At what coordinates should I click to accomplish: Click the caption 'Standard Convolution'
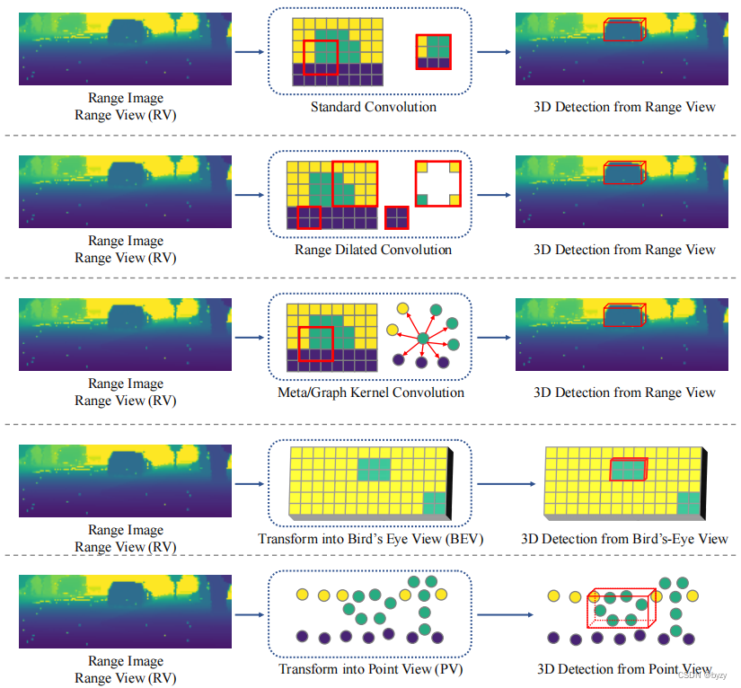point(374,107)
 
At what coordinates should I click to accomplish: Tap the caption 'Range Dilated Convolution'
point(374,250)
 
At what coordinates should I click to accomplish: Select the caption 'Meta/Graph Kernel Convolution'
point(371,393)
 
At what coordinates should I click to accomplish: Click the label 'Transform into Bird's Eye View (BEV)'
point(371,539)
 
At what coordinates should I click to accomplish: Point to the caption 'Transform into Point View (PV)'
point(370,669)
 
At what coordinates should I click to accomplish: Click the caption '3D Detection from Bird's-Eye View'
point(624,539)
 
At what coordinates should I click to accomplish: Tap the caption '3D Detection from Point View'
point(624,669)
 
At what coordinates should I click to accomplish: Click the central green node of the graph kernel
point(423,338)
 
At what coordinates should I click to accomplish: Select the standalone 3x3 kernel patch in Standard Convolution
point(433,52)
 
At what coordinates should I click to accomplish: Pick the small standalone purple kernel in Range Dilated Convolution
point(396,218)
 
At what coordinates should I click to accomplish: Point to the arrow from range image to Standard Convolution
point(250,52)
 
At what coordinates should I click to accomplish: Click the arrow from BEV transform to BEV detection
point(507,484)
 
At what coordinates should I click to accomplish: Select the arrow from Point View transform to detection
point(505,614)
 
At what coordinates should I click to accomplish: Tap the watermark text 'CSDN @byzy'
point(702,675)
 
